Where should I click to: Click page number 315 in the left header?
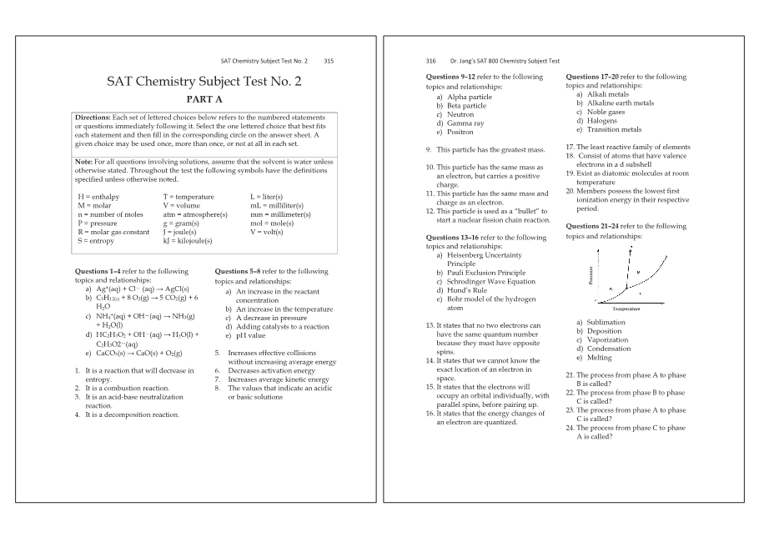(x=329, y=61)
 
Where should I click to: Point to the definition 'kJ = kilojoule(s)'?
(x=188, y=240)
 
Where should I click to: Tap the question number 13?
(x=430, y=324)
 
